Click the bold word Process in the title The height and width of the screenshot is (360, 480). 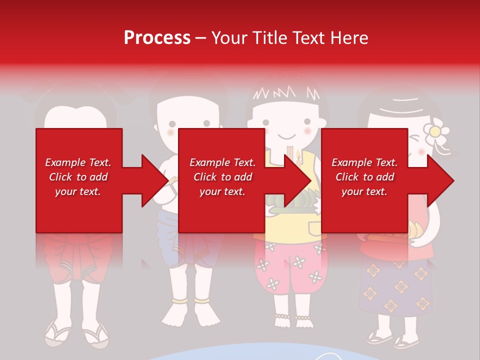click(x=157, y=38)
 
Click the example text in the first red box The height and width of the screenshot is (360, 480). click(x=78, y=177)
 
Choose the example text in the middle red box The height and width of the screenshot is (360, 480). click(x=222, y=177)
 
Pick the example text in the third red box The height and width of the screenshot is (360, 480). click(x=364, y=177)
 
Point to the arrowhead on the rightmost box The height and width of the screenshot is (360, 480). click(x=439, y=180)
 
